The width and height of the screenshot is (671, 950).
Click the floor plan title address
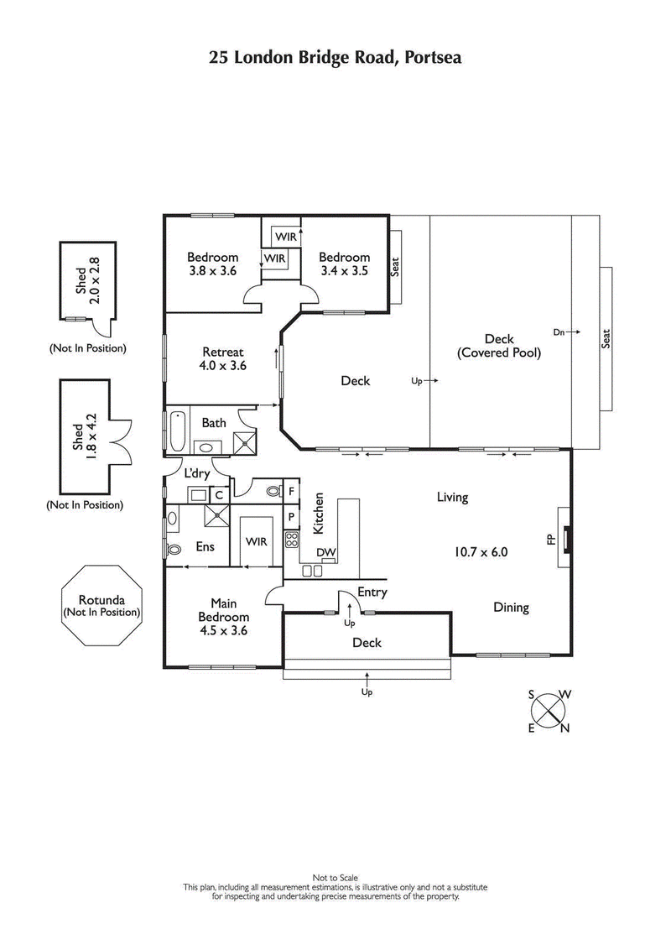click(335, 58)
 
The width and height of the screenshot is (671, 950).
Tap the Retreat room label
click(223, 358)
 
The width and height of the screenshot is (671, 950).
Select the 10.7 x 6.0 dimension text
click(481, 552)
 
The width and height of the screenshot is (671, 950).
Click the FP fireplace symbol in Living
click(568, 537)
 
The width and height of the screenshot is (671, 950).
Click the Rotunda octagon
click(101, 606)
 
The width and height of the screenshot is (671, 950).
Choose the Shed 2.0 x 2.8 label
click(87, 281)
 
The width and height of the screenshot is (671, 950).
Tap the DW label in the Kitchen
click(326, 552)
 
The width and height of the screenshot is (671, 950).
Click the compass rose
click(549, 711)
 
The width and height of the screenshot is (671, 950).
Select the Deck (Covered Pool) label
click(499, 347)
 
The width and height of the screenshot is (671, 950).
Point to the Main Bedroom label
click(223, 617)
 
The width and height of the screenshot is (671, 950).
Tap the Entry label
click(372, 592)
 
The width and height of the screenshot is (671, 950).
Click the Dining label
click(510, 608)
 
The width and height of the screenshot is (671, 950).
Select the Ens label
click(205, 546)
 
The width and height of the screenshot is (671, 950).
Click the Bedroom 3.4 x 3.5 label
click(345, 264)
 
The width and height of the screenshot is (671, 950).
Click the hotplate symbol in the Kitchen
click(292, 539)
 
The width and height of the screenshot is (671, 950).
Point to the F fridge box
click(292, 491)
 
